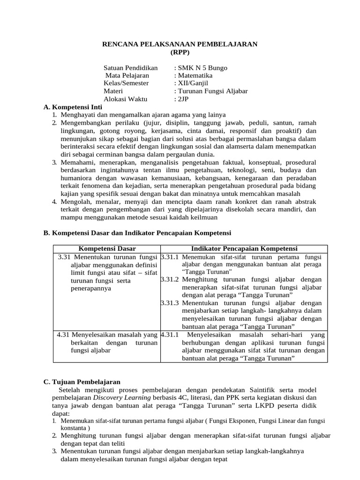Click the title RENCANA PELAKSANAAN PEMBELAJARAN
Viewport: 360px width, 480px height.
(180, 44)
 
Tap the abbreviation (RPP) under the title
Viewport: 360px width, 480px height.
(180, 52)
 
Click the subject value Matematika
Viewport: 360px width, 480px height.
(195, 75)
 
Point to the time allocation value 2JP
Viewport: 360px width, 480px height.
(182, 99)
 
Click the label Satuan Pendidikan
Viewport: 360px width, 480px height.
(131, 68)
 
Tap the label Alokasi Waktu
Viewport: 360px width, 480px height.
(125, 99)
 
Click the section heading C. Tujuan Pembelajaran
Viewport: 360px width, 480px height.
(82, 382)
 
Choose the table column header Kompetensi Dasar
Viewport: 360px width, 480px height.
(106, 248)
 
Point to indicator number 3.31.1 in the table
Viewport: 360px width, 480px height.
(170, 257)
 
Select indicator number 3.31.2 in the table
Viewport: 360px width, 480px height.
(170, 279)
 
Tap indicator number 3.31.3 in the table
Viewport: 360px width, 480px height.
(170, 303)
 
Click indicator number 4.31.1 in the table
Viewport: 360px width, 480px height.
(170, 335)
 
